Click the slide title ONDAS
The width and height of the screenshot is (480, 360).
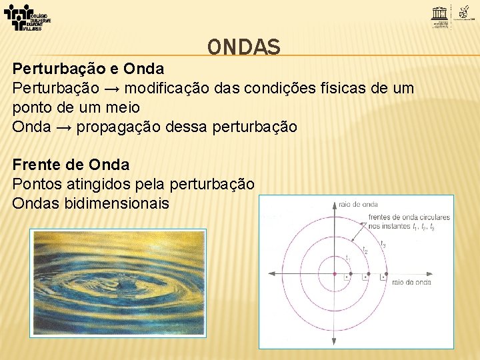tap(243, 46)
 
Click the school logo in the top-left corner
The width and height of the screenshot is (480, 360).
tap(27, 17)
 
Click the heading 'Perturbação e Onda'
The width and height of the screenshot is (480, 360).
tap(88, 69)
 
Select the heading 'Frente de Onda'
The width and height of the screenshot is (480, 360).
tap(71, 164)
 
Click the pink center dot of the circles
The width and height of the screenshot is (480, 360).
tap(335, 273)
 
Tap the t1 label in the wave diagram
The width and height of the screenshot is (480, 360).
tap(347, 257)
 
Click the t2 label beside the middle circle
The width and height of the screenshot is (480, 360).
tap(365, 251)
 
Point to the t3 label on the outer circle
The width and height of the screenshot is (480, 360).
tap(383, 245)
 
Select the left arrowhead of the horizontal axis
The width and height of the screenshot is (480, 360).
tap(271, 273)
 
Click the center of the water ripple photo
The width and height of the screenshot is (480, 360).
tap(118, 283)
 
